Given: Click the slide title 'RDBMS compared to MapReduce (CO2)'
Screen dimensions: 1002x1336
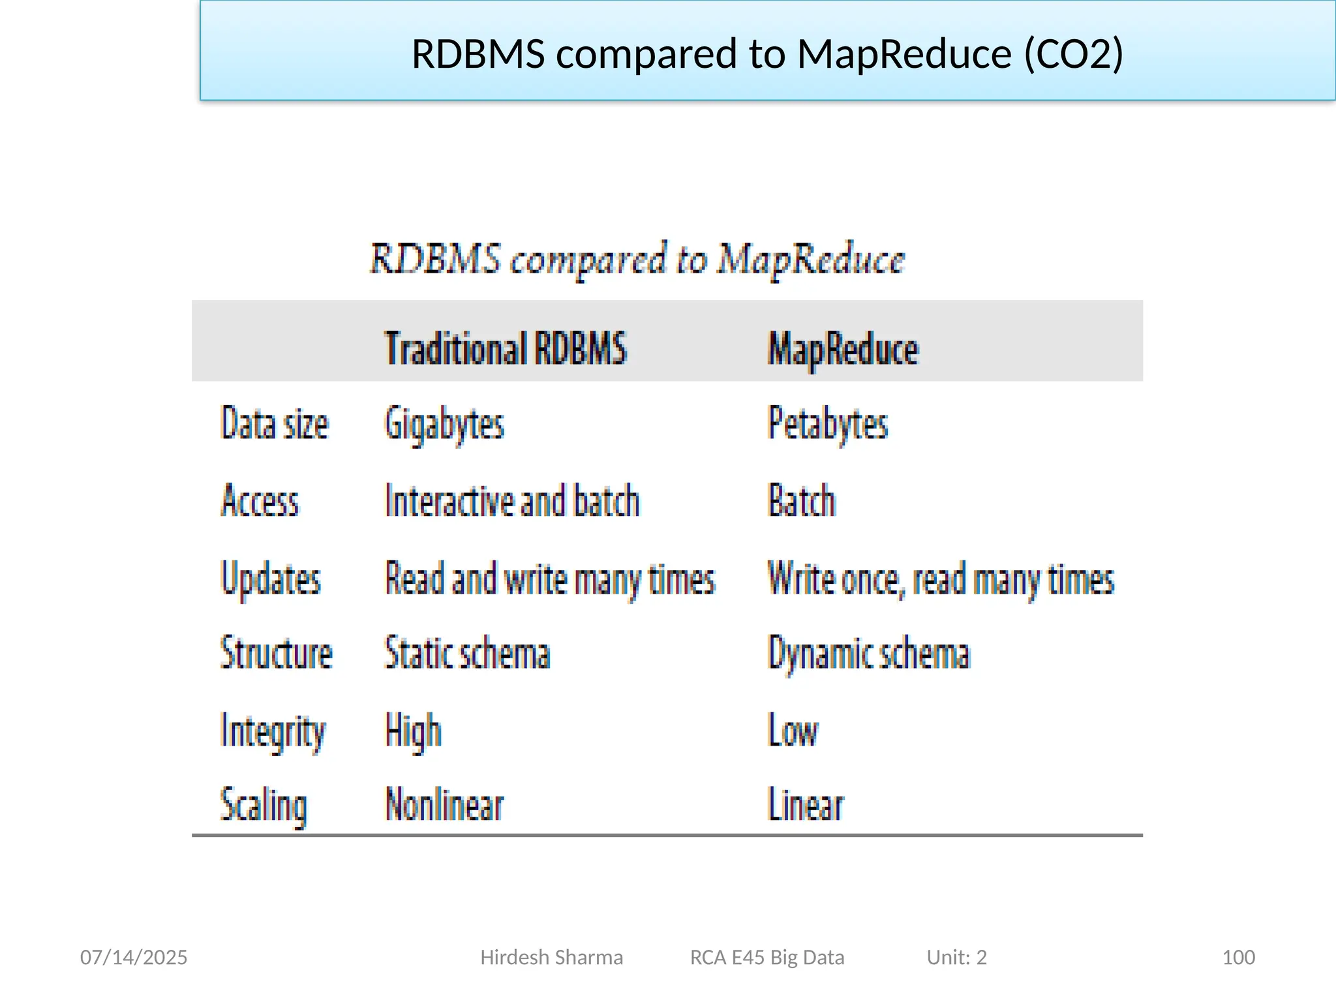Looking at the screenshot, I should tap(767, 53).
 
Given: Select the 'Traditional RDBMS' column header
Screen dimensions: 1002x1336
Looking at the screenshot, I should tap(506, 348).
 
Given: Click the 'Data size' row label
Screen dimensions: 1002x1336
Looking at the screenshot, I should tap(275, 424).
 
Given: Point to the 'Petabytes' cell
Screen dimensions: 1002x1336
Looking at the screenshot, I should tap(828, 424).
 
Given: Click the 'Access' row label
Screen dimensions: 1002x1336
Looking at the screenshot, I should tap(260, 501).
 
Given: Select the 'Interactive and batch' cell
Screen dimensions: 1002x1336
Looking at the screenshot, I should tap(512, 501).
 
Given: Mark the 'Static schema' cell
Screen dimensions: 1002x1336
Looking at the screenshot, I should tap(467, 653).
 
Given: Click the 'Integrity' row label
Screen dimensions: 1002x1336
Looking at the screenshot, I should tap(273, 731).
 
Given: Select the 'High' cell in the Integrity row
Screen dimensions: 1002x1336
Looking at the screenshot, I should tap(413, 731).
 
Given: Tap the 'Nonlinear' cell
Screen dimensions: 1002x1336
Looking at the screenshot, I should tap(444, 804).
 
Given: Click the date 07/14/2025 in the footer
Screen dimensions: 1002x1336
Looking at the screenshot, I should tap(134, 957).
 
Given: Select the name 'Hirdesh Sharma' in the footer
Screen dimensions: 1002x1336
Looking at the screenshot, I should tap(551, 957).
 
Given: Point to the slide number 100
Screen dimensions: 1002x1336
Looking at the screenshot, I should tap(1238, 957).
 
